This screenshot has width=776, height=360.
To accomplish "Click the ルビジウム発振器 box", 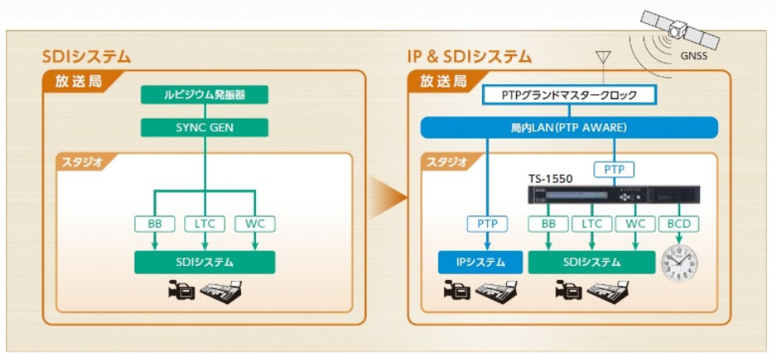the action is [x=205, y=95].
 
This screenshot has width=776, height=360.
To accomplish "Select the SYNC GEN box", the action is [x=205, y=127].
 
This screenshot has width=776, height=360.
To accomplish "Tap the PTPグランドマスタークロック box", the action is [x=569, y=95].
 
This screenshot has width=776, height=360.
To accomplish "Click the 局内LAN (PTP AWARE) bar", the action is [x=569, y=127].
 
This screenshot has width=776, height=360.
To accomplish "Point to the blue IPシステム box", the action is [x=480, y=263].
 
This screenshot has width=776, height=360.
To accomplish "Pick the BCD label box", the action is [x=679, y=224].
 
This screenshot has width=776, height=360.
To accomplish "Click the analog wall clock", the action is [x=679, y=263].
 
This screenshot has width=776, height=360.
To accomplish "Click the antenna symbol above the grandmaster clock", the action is [x=603, y=58].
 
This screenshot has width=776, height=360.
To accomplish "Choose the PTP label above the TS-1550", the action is [x=614, y=169].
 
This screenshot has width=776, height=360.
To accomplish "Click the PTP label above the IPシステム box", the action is [x=487, y=224].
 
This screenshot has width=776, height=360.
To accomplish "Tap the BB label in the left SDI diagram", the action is [x=154, y=224].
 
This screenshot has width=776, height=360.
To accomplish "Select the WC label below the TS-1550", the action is [x=635, y=224].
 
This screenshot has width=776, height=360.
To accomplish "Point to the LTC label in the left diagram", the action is [x=205, y=224].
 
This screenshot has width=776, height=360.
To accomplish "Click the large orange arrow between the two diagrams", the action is [x=389, y=198].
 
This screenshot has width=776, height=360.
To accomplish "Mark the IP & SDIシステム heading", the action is [x=469, y=58].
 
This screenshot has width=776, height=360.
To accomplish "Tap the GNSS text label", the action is [x=693, y=56].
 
